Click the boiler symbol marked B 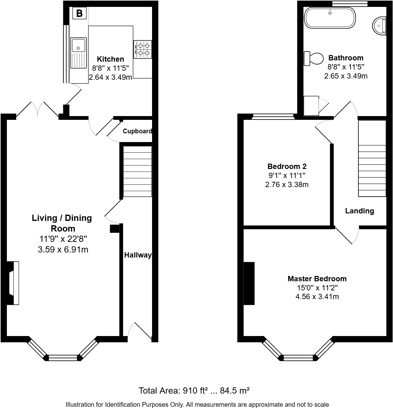(79, 13)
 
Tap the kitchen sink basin (79, 45)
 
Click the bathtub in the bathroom (330, 18)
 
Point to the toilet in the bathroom (314, 59)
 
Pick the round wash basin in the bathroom (379, 26)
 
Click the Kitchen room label (110, 59)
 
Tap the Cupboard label (137, 131)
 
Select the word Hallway (138, 255)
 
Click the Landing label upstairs (360, 211)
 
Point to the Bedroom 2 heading (287, 166)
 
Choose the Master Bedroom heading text (317, 279)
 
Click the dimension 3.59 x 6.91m (63, 249)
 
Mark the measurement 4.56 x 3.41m (317, 297)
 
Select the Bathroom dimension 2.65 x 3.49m (346, 76)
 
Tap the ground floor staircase (137, 171)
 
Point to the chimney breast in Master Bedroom (249, 283)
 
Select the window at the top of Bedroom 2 (273, 117)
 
